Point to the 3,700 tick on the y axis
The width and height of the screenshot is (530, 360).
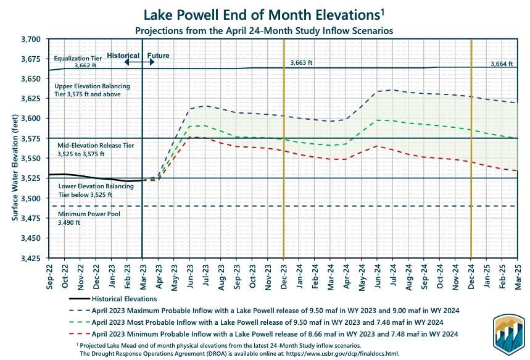pos(29,39)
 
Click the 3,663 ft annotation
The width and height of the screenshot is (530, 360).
pos(302,63)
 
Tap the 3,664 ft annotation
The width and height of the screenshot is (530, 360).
pos(502,64)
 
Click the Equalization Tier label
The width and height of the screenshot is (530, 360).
pos(77,59)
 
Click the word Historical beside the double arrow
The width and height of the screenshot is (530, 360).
pos(123,55)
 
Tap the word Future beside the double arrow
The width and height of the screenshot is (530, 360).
pos(159,55)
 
